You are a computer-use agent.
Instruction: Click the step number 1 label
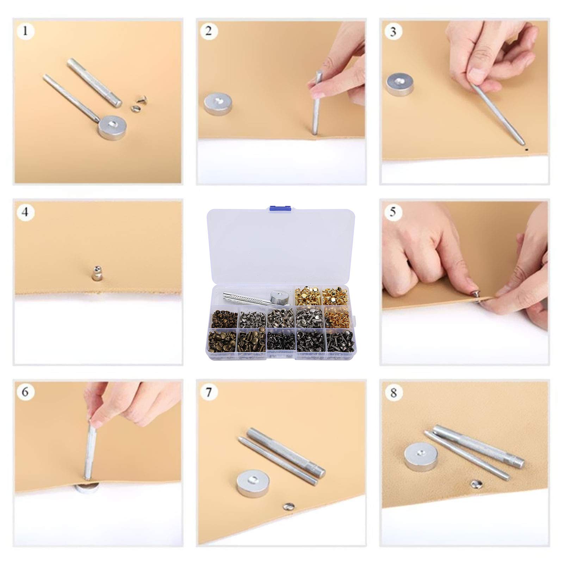point(25,31)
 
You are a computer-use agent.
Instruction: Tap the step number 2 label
point(209,31)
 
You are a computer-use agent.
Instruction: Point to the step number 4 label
point(25,212)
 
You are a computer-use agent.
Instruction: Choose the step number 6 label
point(25,392)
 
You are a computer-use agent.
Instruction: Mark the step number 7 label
point(209,392)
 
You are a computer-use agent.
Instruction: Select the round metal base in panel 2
point(218,103)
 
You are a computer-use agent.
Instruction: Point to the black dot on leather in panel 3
point(526,149)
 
